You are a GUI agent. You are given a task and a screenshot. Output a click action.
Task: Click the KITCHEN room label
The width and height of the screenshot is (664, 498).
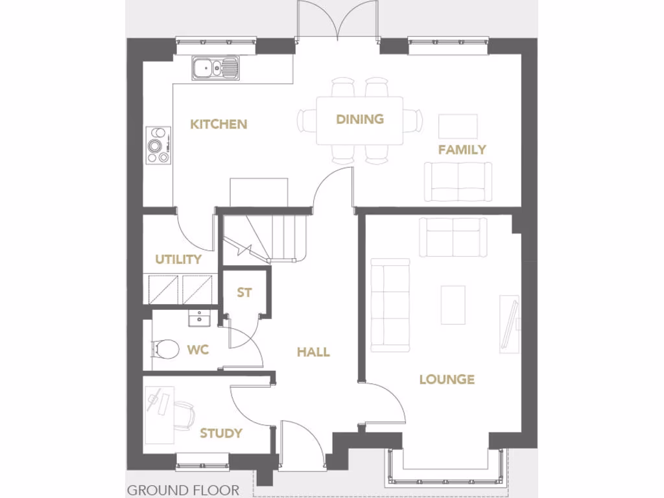click(219, 124)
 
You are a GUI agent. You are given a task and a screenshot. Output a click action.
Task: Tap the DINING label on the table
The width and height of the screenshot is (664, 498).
click(360, 119)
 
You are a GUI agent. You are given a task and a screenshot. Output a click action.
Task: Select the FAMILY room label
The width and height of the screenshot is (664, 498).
click(462, 150)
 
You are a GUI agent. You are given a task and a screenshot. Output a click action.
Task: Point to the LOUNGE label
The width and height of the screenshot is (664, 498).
click(447, 379)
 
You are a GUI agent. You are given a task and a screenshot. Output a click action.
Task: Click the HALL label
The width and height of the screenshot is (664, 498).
click(313, 352)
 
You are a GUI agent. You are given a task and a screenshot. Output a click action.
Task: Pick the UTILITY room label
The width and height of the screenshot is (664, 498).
click(178, 259)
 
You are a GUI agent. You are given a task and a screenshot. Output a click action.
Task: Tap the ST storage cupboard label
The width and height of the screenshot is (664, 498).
click(244, 292)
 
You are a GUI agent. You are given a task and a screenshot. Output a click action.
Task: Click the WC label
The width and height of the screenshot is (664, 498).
click(198, 350)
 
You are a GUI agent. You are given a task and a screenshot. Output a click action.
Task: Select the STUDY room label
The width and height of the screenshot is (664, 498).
click(221, 433)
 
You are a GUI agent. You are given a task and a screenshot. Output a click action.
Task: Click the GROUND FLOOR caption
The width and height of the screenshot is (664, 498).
click(183, 490)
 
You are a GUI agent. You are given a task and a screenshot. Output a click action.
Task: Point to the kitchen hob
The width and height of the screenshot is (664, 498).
click(158, 145)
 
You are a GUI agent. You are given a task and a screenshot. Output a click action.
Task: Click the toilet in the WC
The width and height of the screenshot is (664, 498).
click(165, 350)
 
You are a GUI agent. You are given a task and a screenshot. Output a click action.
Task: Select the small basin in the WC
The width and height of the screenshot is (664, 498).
click(198, 318)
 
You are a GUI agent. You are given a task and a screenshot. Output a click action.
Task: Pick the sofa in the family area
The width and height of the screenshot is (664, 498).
click(457, 182)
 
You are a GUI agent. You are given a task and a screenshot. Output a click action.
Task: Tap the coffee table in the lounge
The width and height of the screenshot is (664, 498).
click(453, 305)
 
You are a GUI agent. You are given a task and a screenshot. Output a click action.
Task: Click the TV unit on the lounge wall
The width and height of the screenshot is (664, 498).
click(509, 324)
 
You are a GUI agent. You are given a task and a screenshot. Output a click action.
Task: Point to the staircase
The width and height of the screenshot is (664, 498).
click(266, 236)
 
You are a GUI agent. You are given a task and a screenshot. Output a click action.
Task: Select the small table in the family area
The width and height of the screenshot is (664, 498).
click(458, 126)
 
